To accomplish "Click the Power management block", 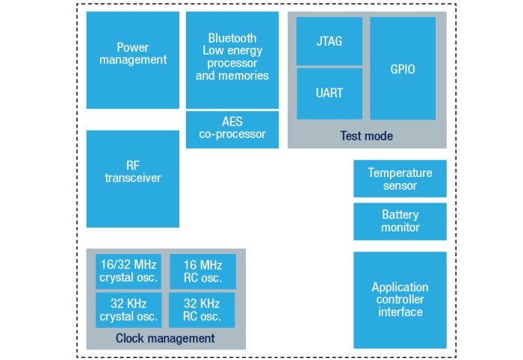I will (132, 60).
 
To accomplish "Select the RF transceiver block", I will (132, 179).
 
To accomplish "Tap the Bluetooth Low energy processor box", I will (232, 60).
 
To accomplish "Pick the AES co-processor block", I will (232, 128).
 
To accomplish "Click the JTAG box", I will (329, 41).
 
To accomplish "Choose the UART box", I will (329, 93).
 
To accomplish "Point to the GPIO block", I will (403, 68).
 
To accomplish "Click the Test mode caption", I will (367, 136).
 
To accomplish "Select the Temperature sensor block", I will (400, 179).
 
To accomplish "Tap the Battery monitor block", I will (400, 221).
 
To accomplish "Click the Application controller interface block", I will (400, 300).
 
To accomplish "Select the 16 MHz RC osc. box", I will (202, 272).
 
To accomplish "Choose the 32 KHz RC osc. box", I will (202, 310).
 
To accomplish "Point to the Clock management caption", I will (165, 338).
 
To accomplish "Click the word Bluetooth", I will (232, 38).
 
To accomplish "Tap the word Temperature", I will (400, 173).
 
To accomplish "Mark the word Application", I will (400, 287).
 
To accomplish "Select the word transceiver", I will (132, 178).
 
